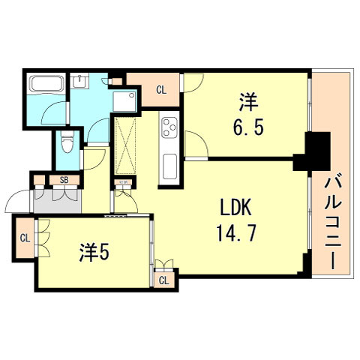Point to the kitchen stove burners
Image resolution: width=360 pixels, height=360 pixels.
coord(169,129)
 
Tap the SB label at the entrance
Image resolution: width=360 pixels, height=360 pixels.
coord(64,180)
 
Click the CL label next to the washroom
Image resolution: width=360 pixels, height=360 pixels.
coord(161,91)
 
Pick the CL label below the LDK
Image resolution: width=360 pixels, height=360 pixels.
coord(163,280)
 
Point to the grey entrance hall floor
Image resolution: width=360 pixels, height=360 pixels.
coord(55,200)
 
